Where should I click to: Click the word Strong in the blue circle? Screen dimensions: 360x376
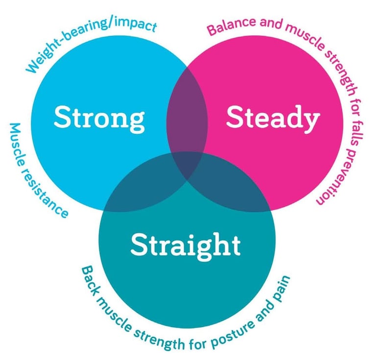[99, 118]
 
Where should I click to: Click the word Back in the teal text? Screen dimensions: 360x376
[91, 277]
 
